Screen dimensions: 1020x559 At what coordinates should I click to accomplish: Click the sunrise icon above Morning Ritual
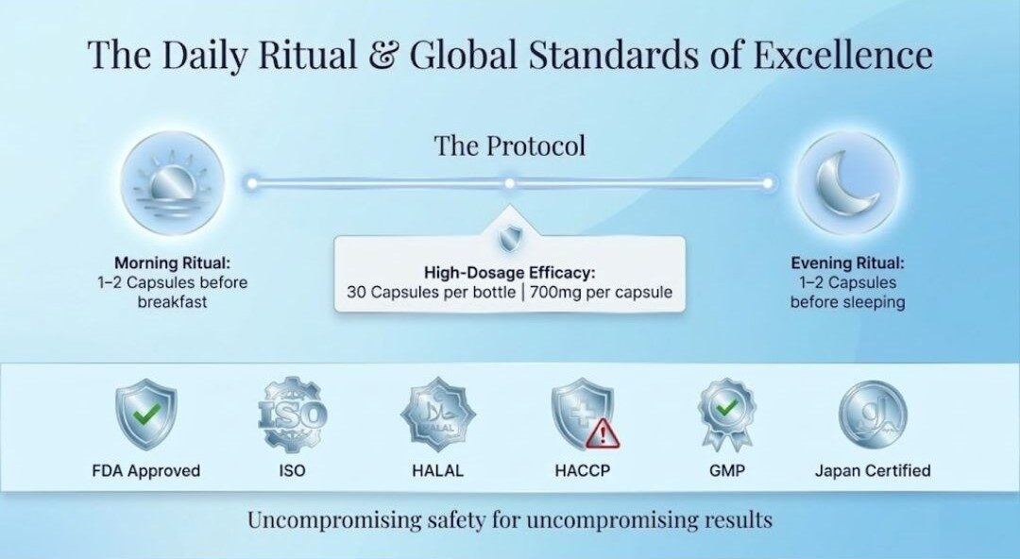[173, 184]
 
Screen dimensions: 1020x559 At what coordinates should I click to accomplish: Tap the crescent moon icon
[849, 184]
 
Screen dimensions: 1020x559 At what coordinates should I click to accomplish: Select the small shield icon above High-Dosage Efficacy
[509, 239]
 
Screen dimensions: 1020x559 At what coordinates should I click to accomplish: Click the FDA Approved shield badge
[146, 416]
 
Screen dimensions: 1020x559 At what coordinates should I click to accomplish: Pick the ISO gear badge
[292, 415]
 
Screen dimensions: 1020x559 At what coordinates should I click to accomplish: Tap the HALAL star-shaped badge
[437, 415]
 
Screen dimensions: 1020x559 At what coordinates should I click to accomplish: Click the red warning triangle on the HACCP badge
[603, 433]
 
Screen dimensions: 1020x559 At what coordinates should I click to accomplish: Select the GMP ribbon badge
[726, 415]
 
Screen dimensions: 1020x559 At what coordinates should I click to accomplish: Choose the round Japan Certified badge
[873, 415]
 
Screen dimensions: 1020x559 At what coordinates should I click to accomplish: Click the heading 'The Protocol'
[510, 145]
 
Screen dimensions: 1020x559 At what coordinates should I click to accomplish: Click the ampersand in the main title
[383, 55]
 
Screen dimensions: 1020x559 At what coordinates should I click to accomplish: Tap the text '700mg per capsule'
[601, 292]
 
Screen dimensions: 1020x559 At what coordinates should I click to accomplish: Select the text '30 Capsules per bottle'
[432, 292]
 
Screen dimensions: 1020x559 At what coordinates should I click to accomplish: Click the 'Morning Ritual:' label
[173, 263]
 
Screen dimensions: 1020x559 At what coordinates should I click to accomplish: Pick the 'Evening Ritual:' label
[847, 263]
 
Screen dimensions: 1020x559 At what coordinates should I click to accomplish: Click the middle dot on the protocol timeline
[509, 183]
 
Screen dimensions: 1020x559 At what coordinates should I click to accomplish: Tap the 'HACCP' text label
[583, 470]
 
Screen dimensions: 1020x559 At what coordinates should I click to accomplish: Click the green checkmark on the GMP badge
[726, 408]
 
